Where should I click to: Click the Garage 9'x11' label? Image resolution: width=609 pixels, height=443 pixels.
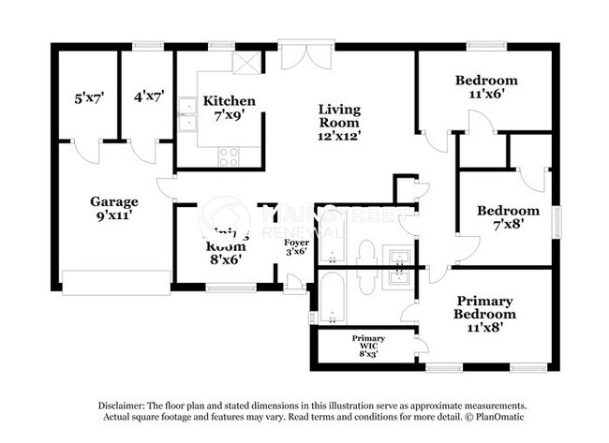[114, 208]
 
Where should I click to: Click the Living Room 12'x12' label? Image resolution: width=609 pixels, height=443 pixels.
[339, 123]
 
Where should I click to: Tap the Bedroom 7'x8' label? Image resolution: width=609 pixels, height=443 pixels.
[507, 218]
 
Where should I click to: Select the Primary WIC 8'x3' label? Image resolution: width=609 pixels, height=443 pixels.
[368, 344]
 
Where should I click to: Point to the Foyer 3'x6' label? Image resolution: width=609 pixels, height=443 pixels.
[297, 246]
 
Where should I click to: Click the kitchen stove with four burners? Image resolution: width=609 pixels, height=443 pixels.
[228, 157]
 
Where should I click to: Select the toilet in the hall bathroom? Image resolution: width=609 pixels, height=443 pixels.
[366, 253]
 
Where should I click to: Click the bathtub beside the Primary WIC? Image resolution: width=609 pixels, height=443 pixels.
[331, 298]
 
